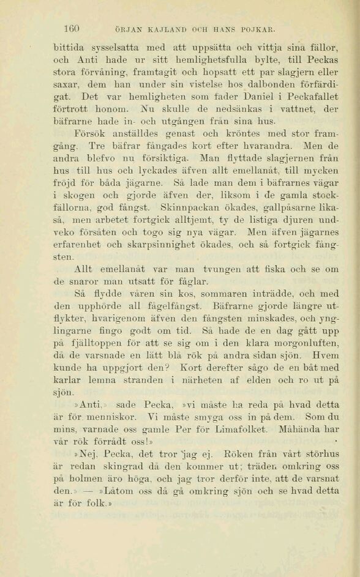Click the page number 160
coord(73,28)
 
